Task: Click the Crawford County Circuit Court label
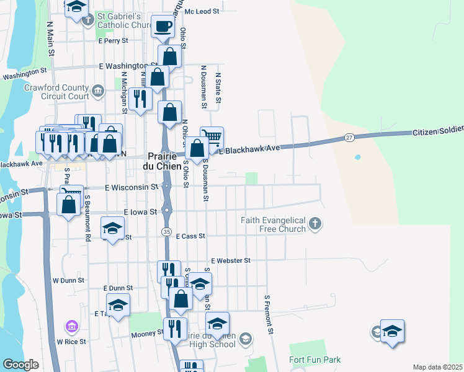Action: tap(56, 92)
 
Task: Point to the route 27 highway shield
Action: tap(350, 137)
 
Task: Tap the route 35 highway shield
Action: tap(166, 231)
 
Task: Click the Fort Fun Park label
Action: tap(315, 360)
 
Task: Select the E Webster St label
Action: tap(230, 261)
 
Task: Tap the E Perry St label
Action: tap(113, 40)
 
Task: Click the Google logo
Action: tap(20, 365)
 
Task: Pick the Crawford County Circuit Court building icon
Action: tap(98, 92)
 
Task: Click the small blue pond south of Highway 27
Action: tap(357, 157)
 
